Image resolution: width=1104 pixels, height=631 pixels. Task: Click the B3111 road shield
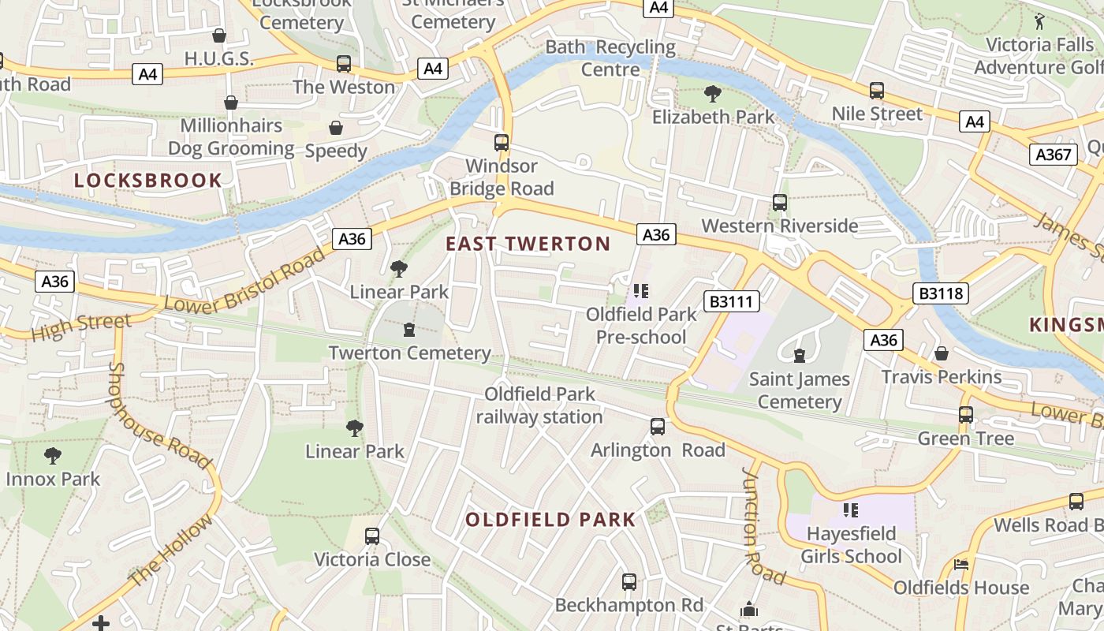tap(731, 301)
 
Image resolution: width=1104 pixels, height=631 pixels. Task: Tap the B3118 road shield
tap(941, 294)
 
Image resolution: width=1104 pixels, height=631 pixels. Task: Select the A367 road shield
tap(1053, 154)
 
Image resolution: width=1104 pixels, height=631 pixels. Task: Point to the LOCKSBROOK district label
tap(148, 181)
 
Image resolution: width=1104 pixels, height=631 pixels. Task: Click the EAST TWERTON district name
tap(528, 244)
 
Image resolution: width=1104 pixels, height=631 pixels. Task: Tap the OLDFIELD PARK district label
tap(550, 520)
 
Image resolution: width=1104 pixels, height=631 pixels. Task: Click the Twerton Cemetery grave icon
tap(408, 330)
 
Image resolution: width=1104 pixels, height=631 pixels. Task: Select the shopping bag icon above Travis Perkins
tap(941, 353)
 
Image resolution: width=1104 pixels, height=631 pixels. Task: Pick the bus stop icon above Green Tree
tap(965, 415)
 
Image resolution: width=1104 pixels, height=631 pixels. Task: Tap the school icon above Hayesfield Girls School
tap(850, 510)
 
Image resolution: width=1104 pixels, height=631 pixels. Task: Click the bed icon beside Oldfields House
tap(960, 565)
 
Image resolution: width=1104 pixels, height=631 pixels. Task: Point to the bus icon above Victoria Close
tap(372, 536)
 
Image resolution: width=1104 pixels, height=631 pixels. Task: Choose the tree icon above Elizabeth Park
tap(713, 95)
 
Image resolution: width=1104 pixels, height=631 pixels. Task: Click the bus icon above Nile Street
tap(876, 91)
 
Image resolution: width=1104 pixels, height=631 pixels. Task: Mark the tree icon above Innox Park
tap(53, 456)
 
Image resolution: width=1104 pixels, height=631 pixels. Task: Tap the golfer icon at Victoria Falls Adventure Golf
tap(1039, 21)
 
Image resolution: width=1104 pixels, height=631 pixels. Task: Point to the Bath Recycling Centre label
tap(610, 58)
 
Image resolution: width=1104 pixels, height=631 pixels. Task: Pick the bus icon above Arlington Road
tap(658, 427)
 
